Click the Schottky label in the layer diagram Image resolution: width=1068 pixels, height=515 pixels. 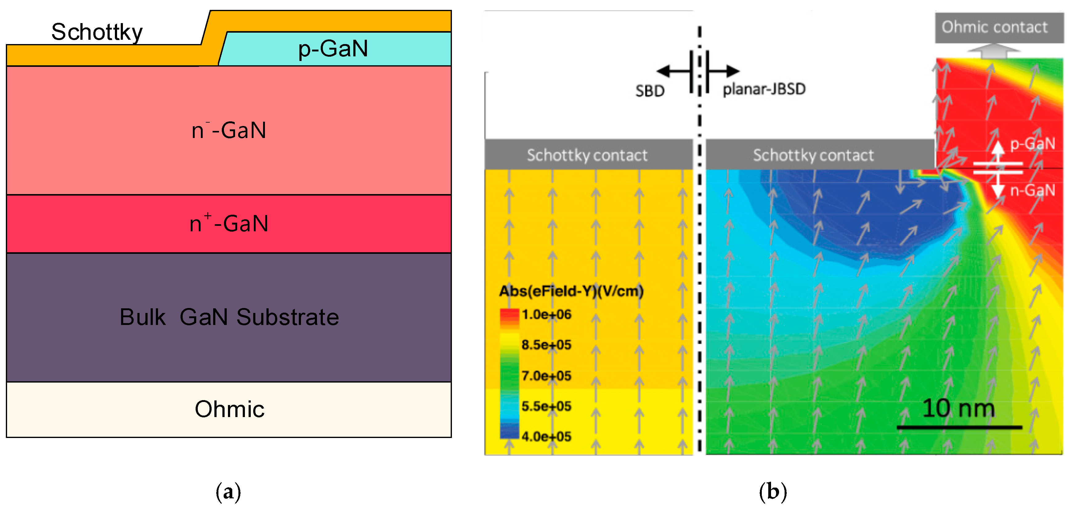(97, 32)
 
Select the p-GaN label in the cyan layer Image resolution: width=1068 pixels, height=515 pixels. (333, 49)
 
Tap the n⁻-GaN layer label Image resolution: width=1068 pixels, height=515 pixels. (229, 130)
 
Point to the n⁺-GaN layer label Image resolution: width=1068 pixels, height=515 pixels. (229, 224)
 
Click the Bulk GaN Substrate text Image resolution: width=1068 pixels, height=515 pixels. (229, 317)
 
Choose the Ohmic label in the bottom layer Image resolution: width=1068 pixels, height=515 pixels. (229, 409)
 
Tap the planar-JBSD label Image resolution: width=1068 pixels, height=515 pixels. (764, 89)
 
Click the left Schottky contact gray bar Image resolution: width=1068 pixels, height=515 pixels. (588, 155)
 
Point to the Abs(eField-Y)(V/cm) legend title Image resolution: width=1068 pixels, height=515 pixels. (571, 291)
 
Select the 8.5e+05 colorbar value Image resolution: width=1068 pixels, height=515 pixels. (546, 345)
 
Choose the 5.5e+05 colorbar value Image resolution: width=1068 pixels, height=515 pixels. (546, 406)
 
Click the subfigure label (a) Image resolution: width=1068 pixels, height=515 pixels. (228, 492)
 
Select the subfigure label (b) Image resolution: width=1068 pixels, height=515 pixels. (773, 492)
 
